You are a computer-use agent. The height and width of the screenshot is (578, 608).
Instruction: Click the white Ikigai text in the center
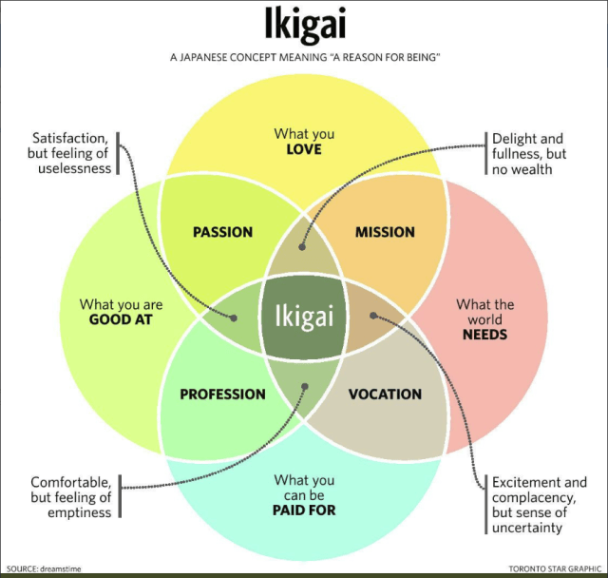[x=304, y=316]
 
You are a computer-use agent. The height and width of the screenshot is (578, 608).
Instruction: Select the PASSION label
[x=222, y=232]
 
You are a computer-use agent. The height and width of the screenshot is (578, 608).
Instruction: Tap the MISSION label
[x=385, y=232]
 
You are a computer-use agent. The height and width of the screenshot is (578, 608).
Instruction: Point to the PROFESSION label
[x=222, y=395]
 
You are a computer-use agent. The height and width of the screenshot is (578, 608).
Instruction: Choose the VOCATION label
[x=385, y=395]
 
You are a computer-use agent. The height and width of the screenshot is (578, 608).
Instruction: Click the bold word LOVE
[x=304, y=150]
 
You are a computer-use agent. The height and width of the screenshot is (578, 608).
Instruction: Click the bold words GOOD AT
[x=122, y=320]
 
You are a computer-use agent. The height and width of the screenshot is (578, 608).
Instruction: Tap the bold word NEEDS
[x=484, y=335]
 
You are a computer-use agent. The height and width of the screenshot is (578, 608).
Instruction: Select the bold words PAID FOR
[x=304, y=511]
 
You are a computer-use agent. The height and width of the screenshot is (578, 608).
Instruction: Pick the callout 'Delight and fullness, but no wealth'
[x=527, y=153]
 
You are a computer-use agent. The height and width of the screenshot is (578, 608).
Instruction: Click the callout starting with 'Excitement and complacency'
[x=539, y=505]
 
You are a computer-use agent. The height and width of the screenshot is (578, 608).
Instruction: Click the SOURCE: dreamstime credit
[x=44, y=568]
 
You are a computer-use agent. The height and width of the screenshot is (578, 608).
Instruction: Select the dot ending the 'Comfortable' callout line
[x=305, y=386]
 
